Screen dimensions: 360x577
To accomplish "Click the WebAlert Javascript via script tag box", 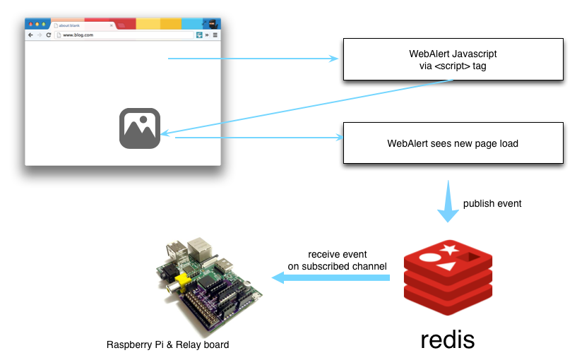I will (453, 59).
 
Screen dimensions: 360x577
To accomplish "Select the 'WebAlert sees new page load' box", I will (453, 143).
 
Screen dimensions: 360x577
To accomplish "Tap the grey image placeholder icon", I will (140, 128).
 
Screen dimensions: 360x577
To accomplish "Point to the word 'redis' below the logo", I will (447, 340).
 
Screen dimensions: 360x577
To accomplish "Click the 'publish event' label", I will (492, 204).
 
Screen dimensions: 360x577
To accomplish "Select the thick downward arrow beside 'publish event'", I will (446, 202).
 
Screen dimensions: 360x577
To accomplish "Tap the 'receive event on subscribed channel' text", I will (337, 260).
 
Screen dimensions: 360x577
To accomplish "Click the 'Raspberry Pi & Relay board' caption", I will (167, 345).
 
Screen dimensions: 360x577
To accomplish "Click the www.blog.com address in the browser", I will (78, 35).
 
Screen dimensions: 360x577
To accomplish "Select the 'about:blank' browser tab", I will (69, 25).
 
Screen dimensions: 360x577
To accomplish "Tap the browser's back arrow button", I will (30, 35).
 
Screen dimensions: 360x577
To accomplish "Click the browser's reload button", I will (48, 35).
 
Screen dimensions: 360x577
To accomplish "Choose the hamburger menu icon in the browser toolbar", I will (215, 35).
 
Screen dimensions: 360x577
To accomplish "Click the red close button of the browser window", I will (30, 25).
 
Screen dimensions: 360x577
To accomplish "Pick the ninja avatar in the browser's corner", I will (212, 24).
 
